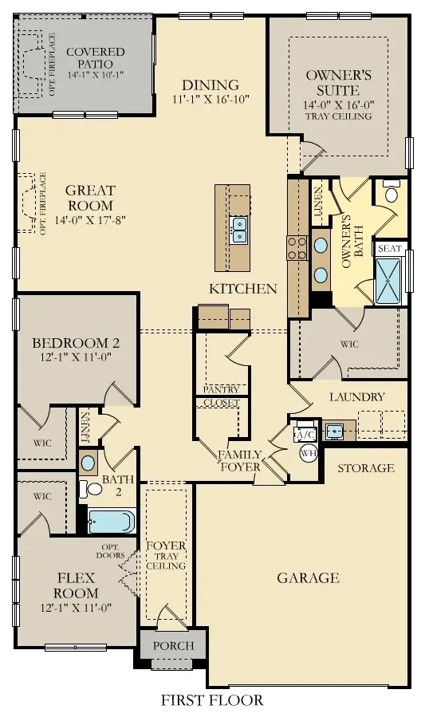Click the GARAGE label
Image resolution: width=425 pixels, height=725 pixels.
click(x=309, y=577)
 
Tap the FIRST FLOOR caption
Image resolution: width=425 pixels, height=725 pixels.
click(x=212, y=701)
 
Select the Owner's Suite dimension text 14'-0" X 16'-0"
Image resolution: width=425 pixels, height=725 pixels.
click(x=339, y=104)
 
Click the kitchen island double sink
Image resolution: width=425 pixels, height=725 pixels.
click(x=238, y=230)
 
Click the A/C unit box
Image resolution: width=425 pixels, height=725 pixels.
click(x=305, y=434)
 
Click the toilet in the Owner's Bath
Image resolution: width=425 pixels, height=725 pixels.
click(x=391, y=194)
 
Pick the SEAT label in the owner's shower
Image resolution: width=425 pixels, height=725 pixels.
click(x=389, y=249)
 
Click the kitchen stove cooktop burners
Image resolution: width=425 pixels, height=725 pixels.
click(x=297, y=248)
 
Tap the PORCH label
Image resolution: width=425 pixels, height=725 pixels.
click(x=172, y=645)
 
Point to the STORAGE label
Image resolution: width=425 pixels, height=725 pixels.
click(x=366, y=468)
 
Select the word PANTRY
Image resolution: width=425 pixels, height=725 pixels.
click(x=221, y=390)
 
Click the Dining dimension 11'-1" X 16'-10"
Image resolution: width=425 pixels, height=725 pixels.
click(x=211, y=100)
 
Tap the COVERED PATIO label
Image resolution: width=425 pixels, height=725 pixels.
click(x=96, y=57)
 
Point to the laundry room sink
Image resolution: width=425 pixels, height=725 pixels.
click(x=334, y=430)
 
